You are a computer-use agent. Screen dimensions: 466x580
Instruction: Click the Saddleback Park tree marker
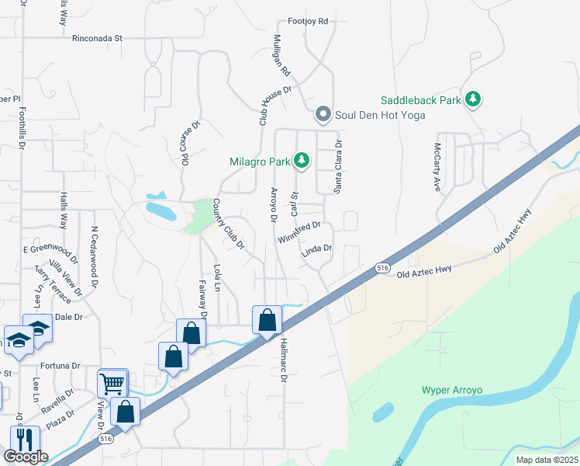(472, 99)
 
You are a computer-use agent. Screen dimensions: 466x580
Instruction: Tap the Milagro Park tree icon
(302, 162)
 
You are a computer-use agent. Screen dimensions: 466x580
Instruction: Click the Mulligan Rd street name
(281, 57)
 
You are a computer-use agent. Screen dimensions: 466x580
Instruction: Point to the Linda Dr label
(316, 250)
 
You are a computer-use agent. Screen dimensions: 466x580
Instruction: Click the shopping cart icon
(112, 383)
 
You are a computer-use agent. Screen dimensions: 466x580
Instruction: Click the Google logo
(26, 456)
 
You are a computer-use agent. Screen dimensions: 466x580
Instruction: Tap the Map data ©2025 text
(547, 460)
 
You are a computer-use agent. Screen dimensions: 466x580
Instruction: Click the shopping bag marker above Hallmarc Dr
(267, 320)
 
